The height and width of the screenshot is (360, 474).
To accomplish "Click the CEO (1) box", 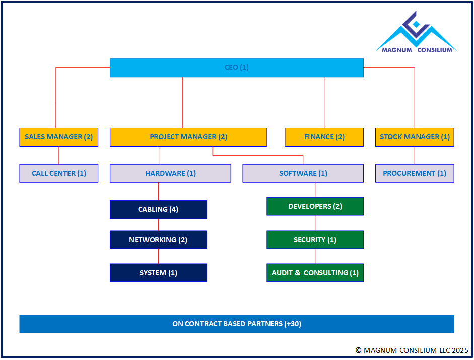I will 237,68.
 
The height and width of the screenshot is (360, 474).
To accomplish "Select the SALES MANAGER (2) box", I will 59,137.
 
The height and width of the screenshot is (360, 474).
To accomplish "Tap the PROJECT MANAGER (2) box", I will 188,137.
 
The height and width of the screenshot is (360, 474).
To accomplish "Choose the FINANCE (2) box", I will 324,137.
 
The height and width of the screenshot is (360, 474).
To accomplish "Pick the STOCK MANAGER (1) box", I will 415,137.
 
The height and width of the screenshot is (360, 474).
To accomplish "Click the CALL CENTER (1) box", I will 59,173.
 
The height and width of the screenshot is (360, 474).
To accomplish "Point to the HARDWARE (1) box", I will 170,173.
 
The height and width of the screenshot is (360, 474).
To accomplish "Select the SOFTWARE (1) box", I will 303,173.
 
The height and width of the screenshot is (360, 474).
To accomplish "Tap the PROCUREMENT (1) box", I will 415,173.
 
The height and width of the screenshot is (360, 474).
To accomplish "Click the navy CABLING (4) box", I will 158,209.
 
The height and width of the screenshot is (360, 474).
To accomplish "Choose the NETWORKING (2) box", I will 158,240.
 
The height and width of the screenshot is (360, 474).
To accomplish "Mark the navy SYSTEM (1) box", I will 158,273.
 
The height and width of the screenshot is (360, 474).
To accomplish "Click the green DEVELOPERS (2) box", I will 315,206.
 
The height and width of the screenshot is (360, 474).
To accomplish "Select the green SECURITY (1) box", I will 315,240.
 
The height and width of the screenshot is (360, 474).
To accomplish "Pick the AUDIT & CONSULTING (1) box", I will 315,273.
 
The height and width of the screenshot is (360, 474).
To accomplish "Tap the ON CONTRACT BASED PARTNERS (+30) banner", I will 237,324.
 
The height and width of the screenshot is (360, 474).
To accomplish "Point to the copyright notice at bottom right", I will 412,350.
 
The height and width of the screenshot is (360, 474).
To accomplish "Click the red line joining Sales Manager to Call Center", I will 59,155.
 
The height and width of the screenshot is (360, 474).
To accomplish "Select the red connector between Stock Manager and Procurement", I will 415,155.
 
